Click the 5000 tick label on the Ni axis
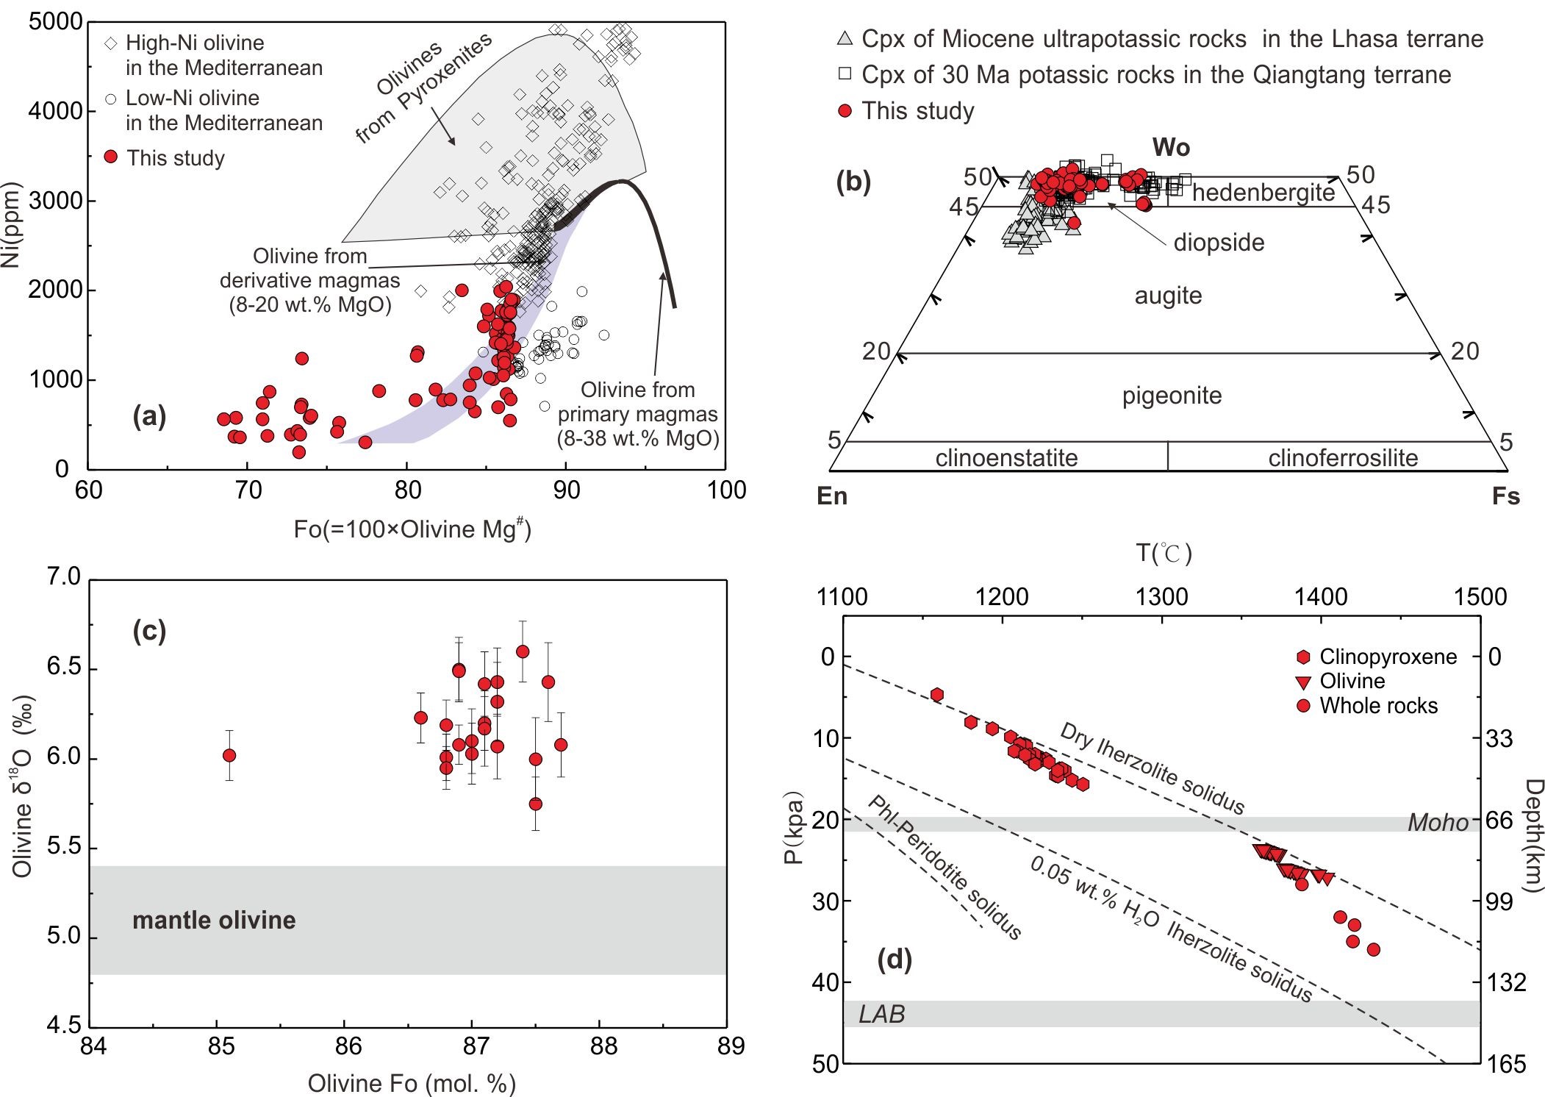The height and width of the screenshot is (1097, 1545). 55,22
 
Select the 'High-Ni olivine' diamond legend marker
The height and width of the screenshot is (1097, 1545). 110,43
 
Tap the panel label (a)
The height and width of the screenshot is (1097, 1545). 149,417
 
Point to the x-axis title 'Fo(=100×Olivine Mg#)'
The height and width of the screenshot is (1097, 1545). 412,529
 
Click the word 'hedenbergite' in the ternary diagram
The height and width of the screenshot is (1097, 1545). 1263,193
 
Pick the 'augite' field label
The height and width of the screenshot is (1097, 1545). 1168,296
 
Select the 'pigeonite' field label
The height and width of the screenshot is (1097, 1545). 1172,396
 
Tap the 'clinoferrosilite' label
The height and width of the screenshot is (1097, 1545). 1343,458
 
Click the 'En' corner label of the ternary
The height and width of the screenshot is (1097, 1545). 832,496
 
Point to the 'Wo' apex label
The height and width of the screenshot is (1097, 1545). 1171,148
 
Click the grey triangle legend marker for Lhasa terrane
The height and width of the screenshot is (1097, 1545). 845,38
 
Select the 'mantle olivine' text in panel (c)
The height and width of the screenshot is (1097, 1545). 214,921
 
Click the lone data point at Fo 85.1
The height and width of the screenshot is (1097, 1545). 229,755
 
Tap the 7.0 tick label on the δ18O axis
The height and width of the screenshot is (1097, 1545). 63,576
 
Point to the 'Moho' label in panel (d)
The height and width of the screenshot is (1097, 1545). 1437,823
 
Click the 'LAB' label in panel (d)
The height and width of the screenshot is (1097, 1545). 882,1015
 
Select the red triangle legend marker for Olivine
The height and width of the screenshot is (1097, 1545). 1303,682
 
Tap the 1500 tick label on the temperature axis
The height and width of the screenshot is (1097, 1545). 1480,596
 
